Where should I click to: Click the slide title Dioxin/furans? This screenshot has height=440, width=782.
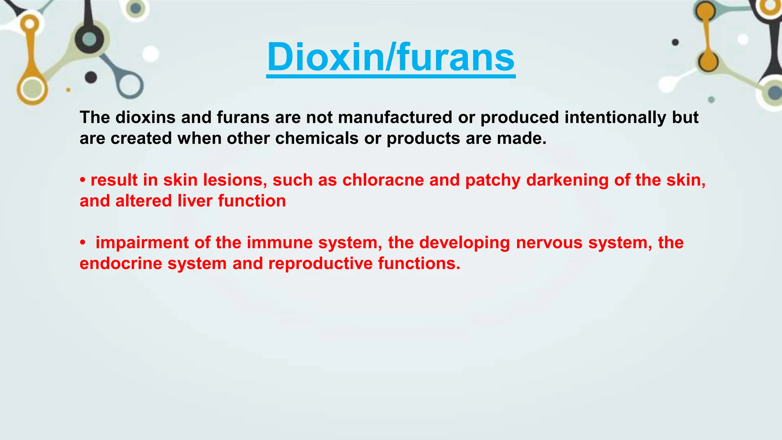coord(391,57)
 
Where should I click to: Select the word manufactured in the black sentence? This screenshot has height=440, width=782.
coord(395,117)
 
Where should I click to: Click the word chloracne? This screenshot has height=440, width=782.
coord(383,180)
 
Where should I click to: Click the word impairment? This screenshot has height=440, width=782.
coord(142,243)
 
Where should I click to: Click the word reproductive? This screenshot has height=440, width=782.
coord(320,264)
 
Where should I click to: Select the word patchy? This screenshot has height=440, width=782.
coord(493,181)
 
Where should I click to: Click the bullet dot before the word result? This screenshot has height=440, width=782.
coord(82,180)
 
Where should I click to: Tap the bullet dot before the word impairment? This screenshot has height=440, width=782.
coord(82,243)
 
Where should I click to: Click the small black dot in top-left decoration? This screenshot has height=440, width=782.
coord(91,77)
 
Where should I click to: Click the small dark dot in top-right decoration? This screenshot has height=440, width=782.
coord(675,42)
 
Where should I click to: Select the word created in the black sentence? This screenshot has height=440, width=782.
coord(141,138)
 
